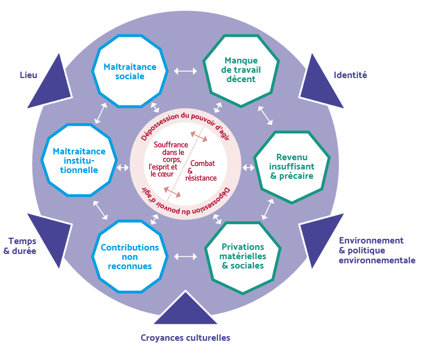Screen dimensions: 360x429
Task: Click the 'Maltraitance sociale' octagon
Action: (x=130, y=71)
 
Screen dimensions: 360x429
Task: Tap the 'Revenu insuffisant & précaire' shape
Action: (x=291, y=167)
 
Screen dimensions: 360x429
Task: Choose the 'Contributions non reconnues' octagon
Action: (x=130, y=256)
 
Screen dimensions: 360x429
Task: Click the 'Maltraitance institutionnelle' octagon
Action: (x=79, y=160)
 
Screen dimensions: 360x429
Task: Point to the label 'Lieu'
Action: (x=29, y=75)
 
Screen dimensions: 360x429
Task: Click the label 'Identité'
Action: (x=350, y=75)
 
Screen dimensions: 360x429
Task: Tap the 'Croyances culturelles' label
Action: (x=185, y=338)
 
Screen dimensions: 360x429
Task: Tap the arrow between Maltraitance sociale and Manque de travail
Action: (x=186, y=71)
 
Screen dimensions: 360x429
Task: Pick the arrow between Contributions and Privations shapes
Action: (x=186, y=256)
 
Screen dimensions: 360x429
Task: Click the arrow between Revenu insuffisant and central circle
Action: (x=248, y=168)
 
